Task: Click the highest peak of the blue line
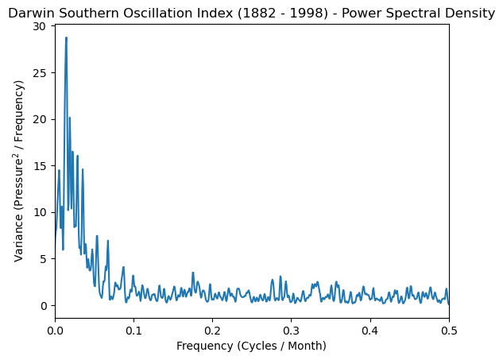coord(66,38)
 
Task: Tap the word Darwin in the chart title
coord(30,14)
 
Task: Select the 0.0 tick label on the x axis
coord(55,330)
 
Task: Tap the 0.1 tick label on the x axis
coord(133,330)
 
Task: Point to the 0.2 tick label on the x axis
coord(212,330)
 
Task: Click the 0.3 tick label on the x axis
coord(291,330)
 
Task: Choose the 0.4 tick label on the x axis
coord(370,330)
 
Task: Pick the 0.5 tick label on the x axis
coord(448,330)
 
